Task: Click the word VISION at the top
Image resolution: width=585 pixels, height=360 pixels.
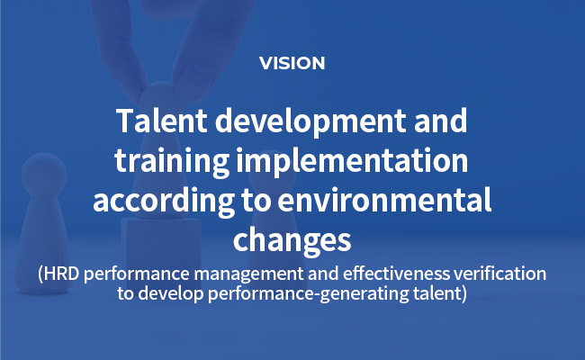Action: tap(292, 63)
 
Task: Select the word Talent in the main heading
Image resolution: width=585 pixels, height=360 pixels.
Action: tap(161, 121)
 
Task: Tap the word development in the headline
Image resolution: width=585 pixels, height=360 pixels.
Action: tap(310, 123)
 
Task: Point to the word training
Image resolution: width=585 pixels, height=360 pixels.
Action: tap(172, 162)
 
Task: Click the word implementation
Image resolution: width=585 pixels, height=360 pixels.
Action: tap(352, 162)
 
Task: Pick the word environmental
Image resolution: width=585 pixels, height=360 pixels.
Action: tap(384, 200)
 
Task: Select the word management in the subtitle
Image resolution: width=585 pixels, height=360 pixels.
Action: tap(248, 274)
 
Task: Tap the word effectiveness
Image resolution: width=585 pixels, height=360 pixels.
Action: tap(396, 274)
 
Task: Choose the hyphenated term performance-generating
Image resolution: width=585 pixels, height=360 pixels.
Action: tap(309, 294)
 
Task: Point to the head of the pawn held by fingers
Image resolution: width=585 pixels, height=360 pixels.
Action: tap(160, 99)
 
